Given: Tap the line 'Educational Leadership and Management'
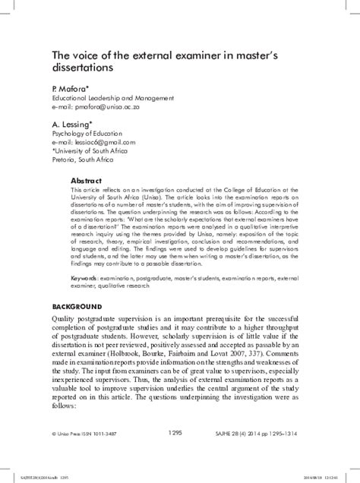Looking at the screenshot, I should tap(112, 97).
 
